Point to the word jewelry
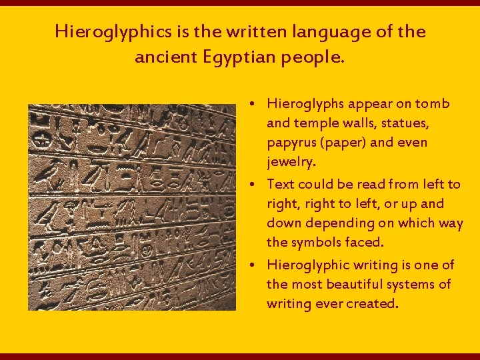[291, 162]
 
